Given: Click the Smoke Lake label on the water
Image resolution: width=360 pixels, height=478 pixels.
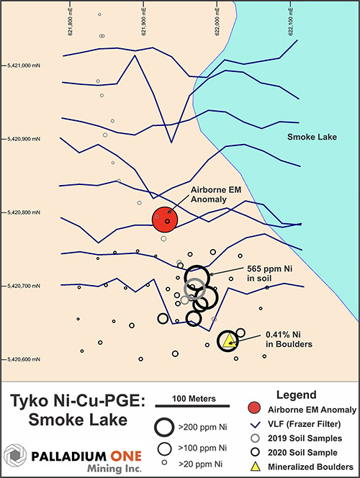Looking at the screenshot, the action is tap(312, 137).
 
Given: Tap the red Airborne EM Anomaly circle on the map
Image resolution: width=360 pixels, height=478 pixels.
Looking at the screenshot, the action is tap(165, 220).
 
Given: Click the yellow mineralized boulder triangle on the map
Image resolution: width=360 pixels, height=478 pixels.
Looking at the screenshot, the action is tap(229, 341).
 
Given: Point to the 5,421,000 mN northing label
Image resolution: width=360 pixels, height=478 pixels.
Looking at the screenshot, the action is tap(24, 66).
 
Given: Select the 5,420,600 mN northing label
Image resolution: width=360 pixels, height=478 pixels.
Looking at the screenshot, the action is tap(24, 359).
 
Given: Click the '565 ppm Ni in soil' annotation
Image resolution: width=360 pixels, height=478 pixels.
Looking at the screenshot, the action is tap(269, 274).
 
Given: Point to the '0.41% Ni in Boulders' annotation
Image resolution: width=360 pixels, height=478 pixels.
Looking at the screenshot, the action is tap(289, 339).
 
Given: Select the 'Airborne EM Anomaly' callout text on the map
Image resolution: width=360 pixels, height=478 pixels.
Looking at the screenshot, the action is tap(216, 194).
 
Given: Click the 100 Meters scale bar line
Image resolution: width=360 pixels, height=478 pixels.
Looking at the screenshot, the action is tap(192, 406).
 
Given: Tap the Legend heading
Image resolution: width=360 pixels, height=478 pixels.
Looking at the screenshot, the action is tap(297, 394).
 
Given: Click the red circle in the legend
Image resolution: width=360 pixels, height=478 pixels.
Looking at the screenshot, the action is tap(255, 408).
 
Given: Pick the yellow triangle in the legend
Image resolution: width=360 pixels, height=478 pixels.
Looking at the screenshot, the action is tap(255, 466).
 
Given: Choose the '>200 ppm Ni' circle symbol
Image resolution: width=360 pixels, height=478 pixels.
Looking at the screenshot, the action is tap(164, 427).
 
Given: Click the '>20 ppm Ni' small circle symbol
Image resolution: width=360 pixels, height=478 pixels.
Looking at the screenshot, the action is tap(164, 462).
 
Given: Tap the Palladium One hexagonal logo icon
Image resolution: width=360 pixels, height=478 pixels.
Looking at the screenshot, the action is tap(14, 456).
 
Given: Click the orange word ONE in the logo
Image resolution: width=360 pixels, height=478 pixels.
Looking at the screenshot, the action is tap(126, 456).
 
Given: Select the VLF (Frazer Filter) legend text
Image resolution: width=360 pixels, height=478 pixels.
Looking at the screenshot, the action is tap(305, 424).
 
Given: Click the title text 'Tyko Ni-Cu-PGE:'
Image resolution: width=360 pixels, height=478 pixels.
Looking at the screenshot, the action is tap(78, 401).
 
